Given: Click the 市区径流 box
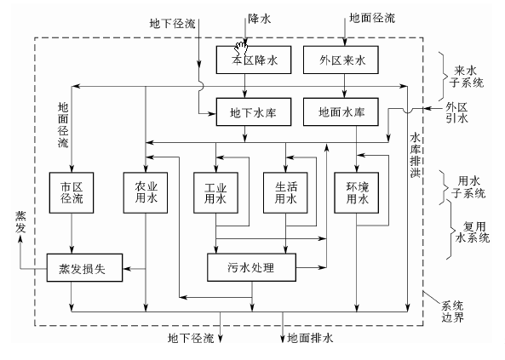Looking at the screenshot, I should coord(72,192).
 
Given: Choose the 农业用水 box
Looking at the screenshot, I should coord(147,192).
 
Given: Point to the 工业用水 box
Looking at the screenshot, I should coord(215,192).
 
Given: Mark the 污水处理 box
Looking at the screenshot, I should coord(251,266).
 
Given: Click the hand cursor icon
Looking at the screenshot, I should coord(243,47).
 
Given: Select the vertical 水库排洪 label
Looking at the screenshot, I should coord(416,155).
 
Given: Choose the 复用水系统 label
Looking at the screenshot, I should coord(466,234).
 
